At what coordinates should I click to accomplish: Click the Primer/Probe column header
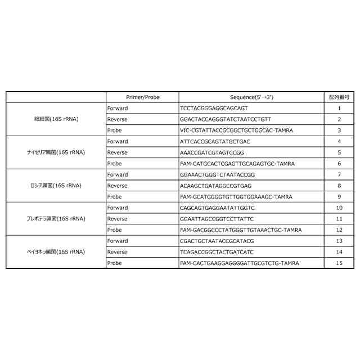click(142, 97)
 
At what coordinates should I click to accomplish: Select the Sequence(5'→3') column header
click(251, 97)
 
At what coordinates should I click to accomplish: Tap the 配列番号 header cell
click(339, 97)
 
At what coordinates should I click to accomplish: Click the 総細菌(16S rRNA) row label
click(56, 119)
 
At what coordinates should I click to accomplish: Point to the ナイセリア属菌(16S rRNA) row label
click(56, 152)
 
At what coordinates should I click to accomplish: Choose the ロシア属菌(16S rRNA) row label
click(56, 186)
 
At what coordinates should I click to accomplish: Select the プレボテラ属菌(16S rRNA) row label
click(56, 219)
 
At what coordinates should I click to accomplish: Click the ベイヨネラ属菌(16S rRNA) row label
click(56, 252)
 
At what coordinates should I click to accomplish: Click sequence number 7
click(339, 174)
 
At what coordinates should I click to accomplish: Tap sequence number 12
click(339, 230)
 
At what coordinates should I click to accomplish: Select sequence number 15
click(339, 263)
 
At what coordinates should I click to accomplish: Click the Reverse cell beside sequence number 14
click(117, 252)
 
